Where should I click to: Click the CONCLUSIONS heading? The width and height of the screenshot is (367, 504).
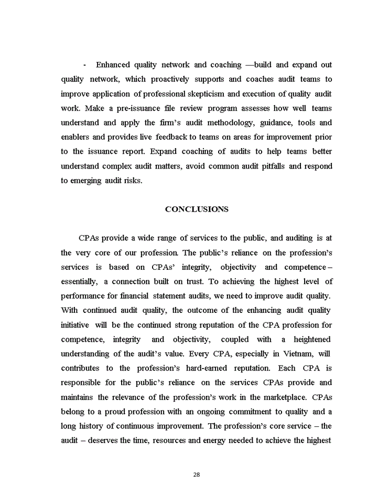point(197,209)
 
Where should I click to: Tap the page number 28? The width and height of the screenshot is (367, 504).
point(197,475)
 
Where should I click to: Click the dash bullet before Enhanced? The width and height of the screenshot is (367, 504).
point(84,65)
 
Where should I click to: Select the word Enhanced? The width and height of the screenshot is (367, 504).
point(113,65)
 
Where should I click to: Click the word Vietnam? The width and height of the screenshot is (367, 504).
point(293,353)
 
